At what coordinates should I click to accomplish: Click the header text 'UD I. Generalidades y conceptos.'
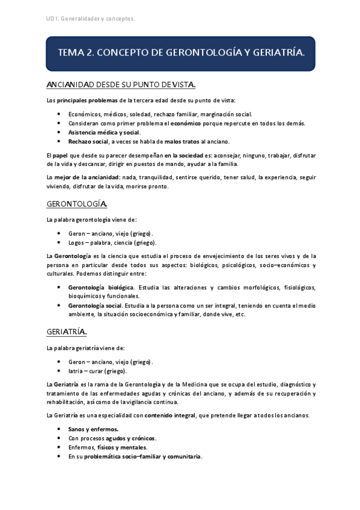coord(90,19)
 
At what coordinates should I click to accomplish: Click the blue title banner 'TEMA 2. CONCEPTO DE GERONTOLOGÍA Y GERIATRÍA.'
coord(181,54)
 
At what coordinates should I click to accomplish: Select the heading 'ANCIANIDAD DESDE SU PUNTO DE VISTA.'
coord(121,85)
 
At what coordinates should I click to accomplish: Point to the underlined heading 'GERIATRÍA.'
coord(67,331)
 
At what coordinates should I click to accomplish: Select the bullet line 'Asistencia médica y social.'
coord(104,132)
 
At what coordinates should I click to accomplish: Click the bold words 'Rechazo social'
coord(88,141)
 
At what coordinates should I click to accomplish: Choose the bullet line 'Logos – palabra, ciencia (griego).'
coord(112,242)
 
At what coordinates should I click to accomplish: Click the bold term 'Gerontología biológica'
coord(100,287)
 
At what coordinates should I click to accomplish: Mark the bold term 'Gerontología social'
coord(96,305)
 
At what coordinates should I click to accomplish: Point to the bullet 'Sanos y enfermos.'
coord(93,429)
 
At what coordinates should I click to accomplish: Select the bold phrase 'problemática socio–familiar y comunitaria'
coord(142,456)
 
